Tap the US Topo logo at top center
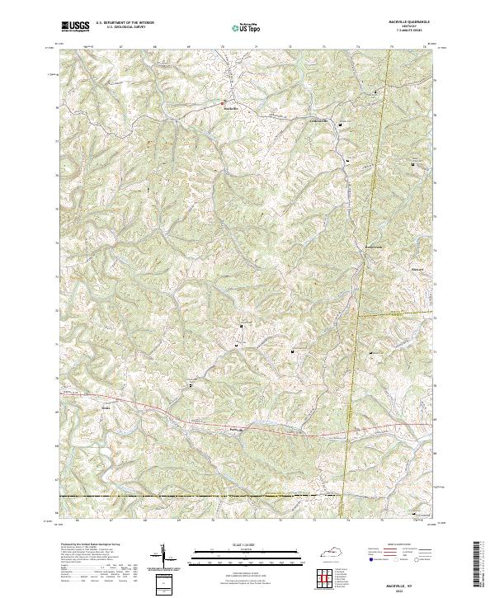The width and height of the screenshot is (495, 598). pos(247,27)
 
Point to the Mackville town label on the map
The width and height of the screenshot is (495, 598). pos(231,106)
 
